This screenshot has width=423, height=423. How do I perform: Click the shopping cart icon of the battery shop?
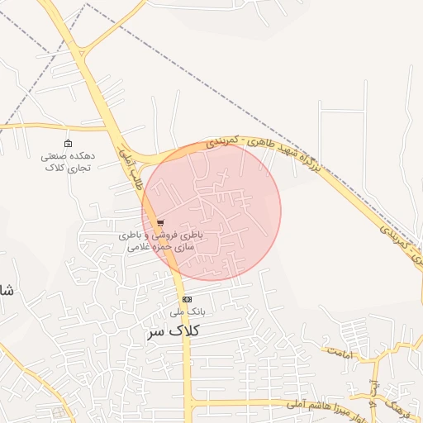pyautogui.click(x=160, y=222)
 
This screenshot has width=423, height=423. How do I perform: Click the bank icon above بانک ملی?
pyautogui.click(x=187, y=299)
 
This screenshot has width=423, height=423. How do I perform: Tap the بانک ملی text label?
pyautogui.click(x=187, y=312)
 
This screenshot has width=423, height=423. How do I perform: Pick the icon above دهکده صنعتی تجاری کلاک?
pyautogui.click(x=68, y=144)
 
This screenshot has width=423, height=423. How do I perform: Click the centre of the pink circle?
pyautogui.click(x=211, y=211)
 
